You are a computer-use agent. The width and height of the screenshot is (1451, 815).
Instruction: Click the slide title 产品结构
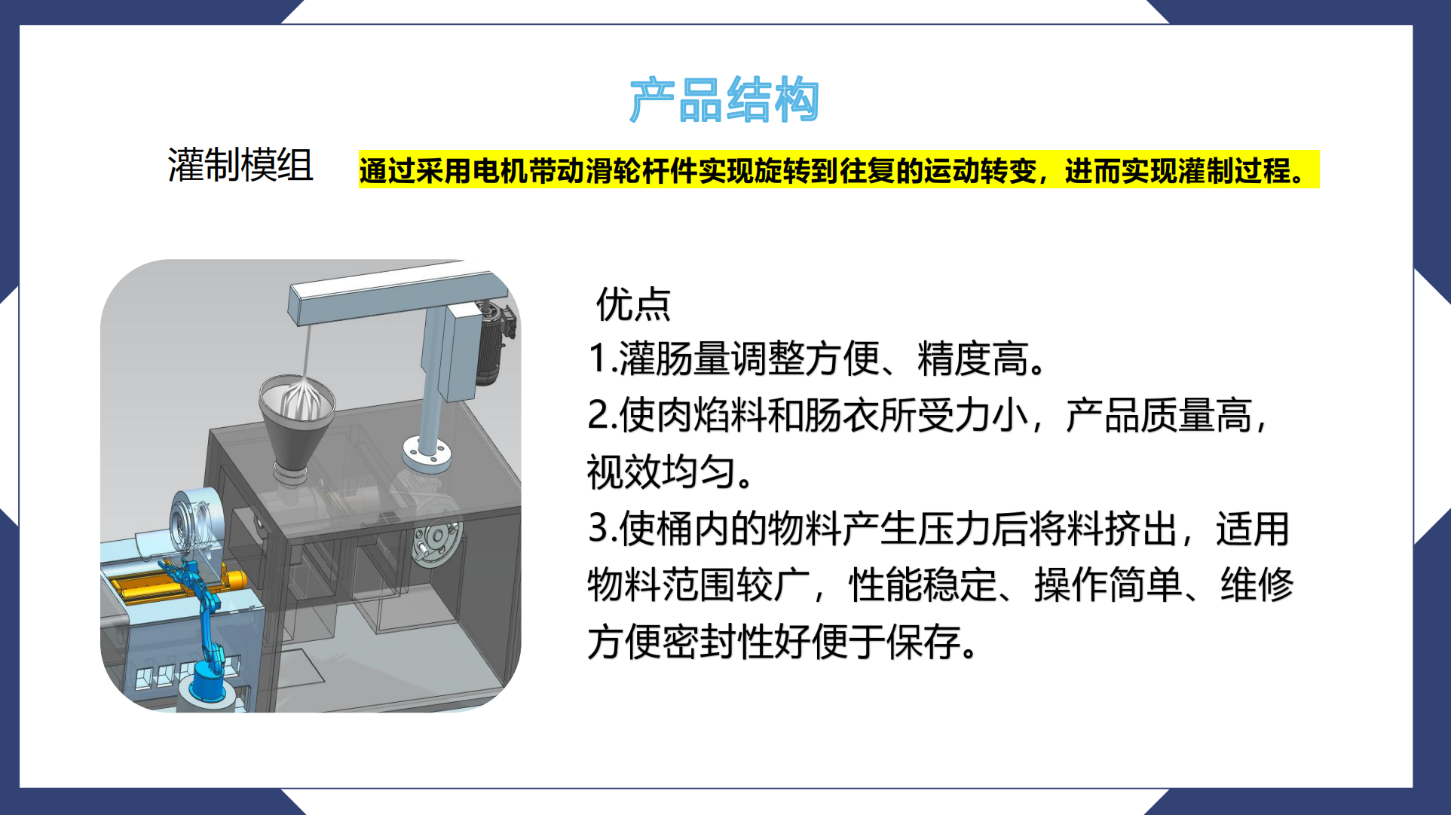point(724,99)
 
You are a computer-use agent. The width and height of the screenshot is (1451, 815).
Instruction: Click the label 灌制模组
point(240,166)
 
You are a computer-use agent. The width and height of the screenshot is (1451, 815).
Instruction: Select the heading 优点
point(633,305)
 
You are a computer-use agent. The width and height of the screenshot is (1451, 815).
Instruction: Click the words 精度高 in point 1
point(972,359)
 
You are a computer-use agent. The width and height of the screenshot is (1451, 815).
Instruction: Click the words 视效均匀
point(662,473)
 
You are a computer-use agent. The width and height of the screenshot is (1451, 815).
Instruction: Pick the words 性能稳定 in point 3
point(923,585)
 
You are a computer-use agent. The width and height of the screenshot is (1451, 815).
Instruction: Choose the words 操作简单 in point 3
point(1108,585)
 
